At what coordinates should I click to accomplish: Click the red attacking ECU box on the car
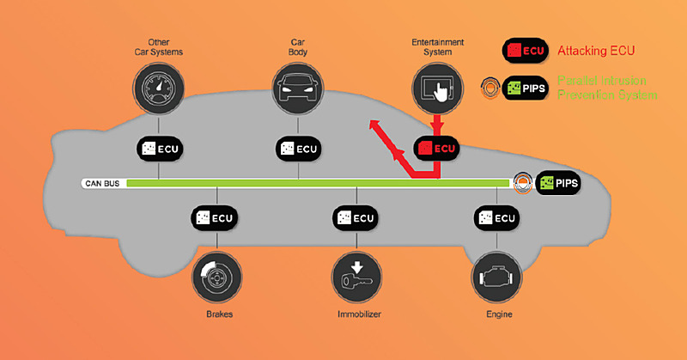pyautogui.click(x=438, y=148)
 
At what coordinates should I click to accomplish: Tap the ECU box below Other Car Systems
pyautogui.click(x=160, y=148)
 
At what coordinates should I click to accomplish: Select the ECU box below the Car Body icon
pyautogui.click(x=299, y=148)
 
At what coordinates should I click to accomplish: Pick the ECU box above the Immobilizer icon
pyautogui.click(x=356, y=217)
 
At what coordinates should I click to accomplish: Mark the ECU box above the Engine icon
pyautogui.click(x=496, y=217)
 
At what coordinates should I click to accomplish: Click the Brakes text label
pyautogui.click(x=216, y=314)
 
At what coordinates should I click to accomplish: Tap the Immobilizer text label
pyautogui.click(x=356, y=314)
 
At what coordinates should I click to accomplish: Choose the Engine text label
pyautogui.click(x=496, y=314)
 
